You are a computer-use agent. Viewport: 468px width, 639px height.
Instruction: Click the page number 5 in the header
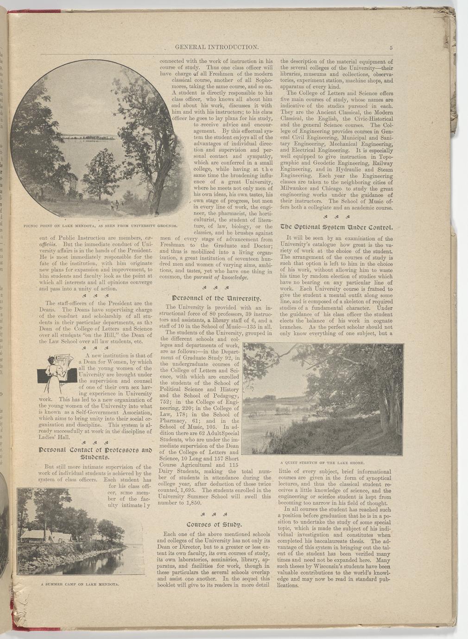coord(391,48)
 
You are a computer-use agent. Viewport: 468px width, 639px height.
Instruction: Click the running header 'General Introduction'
coord(216,47)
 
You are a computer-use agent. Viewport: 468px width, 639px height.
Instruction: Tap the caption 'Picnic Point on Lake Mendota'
coord(95,226)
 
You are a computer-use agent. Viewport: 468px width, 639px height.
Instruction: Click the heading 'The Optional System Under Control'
coord(336,227)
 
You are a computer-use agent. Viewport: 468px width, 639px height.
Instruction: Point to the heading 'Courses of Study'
coord(213,525)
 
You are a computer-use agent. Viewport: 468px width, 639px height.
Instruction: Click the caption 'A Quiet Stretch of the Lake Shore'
coord(323,462)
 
